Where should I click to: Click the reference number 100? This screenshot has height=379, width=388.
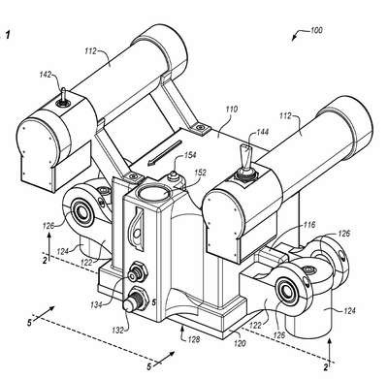coord(316,30)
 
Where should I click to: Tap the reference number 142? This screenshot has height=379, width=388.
coord(45,75)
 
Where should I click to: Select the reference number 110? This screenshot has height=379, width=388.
coord(231,110)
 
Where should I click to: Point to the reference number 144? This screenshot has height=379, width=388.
coord(262,132)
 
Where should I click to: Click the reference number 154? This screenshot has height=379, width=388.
coord(189,155)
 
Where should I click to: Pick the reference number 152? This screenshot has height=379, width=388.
coord(200,174)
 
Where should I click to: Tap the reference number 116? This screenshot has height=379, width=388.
coord(308,225)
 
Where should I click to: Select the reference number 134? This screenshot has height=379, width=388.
coord(98,304)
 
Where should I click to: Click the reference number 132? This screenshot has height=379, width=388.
coord(118,330)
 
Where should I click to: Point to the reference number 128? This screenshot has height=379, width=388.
coord(194,339)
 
